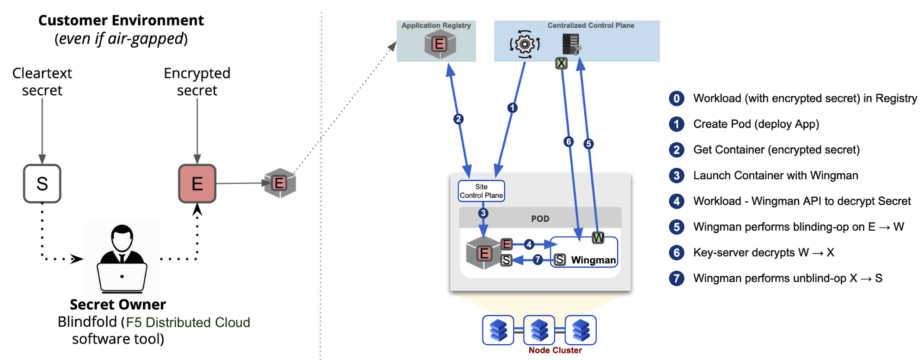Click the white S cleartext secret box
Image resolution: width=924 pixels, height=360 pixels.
[42, 183]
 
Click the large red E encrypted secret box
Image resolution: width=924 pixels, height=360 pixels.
[197, 183]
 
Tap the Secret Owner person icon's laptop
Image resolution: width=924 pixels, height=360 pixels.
[122, 277]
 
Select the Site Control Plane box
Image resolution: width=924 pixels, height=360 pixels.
[481, 191]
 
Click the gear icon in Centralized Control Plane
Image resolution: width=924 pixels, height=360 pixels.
[525, 44]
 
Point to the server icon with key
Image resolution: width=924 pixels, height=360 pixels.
[571, 44]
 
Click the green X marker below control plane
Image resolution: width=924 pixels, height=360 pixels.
[561, 63]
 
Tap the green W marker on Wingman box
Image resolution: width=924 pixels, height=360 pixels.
[598, 238]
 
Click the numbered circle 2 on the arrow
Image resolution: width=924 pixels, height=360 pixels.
[458, 119]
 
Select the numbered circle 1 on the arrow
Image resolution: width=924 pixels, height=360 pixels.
[512, 108]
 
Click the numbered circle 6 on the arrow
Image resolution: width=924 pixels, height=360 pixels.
[569, 141]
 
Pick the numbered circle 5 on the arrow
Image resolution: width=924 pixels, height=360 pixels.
[588, 144]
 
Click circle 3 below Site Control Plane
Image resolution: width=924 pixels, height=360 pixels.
[483, 213]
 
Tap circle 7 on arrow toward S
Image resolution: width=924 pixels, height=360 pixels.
[537, 260]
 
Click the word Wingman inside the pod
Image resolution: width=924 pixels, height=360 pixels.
[593, 260]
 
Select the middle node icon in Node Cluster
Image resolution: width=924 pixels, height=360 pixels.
[539, 330]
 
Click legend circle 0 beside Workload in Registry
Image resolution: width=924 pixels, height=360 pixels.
[677, 98]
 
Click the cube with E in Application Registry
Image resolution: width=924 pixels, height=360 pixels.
[440, 44]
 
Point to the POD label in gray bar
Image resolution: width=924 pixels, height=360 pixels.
[540, 219]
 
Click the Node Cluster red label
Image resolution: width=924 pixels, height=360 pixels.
[555, 350]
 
